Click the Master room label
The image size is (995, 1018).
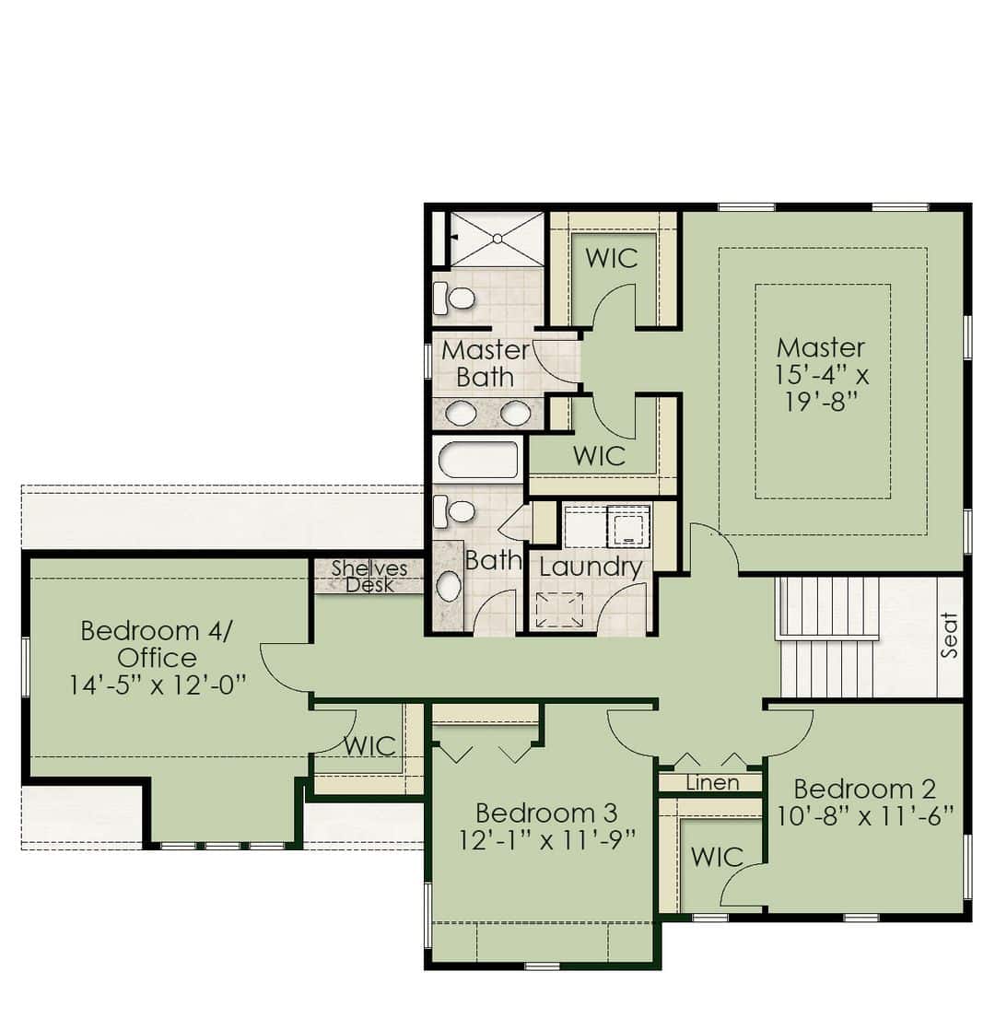pyautogui.click(x=821, y=348)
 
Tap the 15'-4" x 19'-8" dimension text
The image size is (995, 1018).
pyautogui.click(x=822, y=388)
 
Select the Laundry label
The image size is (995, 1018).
pyautogui.click(x=591, y=568)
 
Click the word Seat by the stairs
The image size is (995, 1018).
pyautogui.click(x=949, y=635)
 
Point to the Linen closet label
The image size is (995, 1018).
pyautogui.click(x=712, y=783)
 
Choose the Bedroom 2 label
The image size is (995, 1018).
pyautogui.click(x=864, y=790)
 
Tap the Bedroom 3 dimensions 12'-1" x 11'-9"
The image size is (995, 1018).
pyautogui.click(x=546, y=840)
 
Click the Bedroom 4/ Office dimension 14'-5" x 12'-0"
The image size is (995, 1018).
pyautogui.click(x=158, y=685)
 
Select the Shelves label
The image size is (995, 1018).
pyautogui.click(x=369, y=568)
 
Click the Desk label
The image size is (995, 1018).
pyautogui.click(x=369, y=585)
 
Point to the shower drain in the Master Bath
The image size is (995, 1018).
pyautogui.click(x=497, y=239)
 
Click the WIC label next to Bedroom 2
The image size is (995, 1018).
pyautogui.click(x=717, y=858)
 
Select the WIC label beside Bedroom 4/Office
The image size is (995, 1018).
pyautogui.click(x=370, y=746)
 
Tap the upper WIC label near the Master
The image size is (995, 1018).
pyautogui.click(x=612, y=258)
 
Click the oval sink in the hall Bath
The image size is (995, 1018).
pyautogui.click(x=449, y=586)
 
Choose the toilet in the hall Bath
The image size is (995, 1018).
pyautogui.click(x=453, y=510)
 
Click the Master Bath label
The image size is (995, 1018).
pyautogui.click(x=486, y=364)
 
